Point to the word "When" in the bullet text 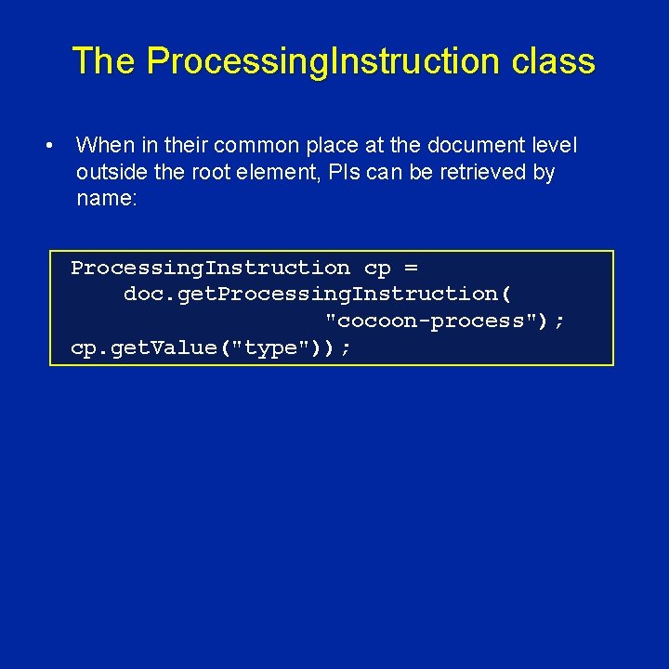click(x=104, y=146)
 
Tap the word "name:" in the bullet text click(x=107, y=200)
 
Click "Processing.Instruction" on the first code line click(x=210, y=268)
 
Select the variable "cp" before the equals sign click(x=377, y=268)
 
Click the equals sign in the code click(x=411, y=268)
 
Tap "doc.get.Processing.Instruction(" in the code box click(x=318, y=294)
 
